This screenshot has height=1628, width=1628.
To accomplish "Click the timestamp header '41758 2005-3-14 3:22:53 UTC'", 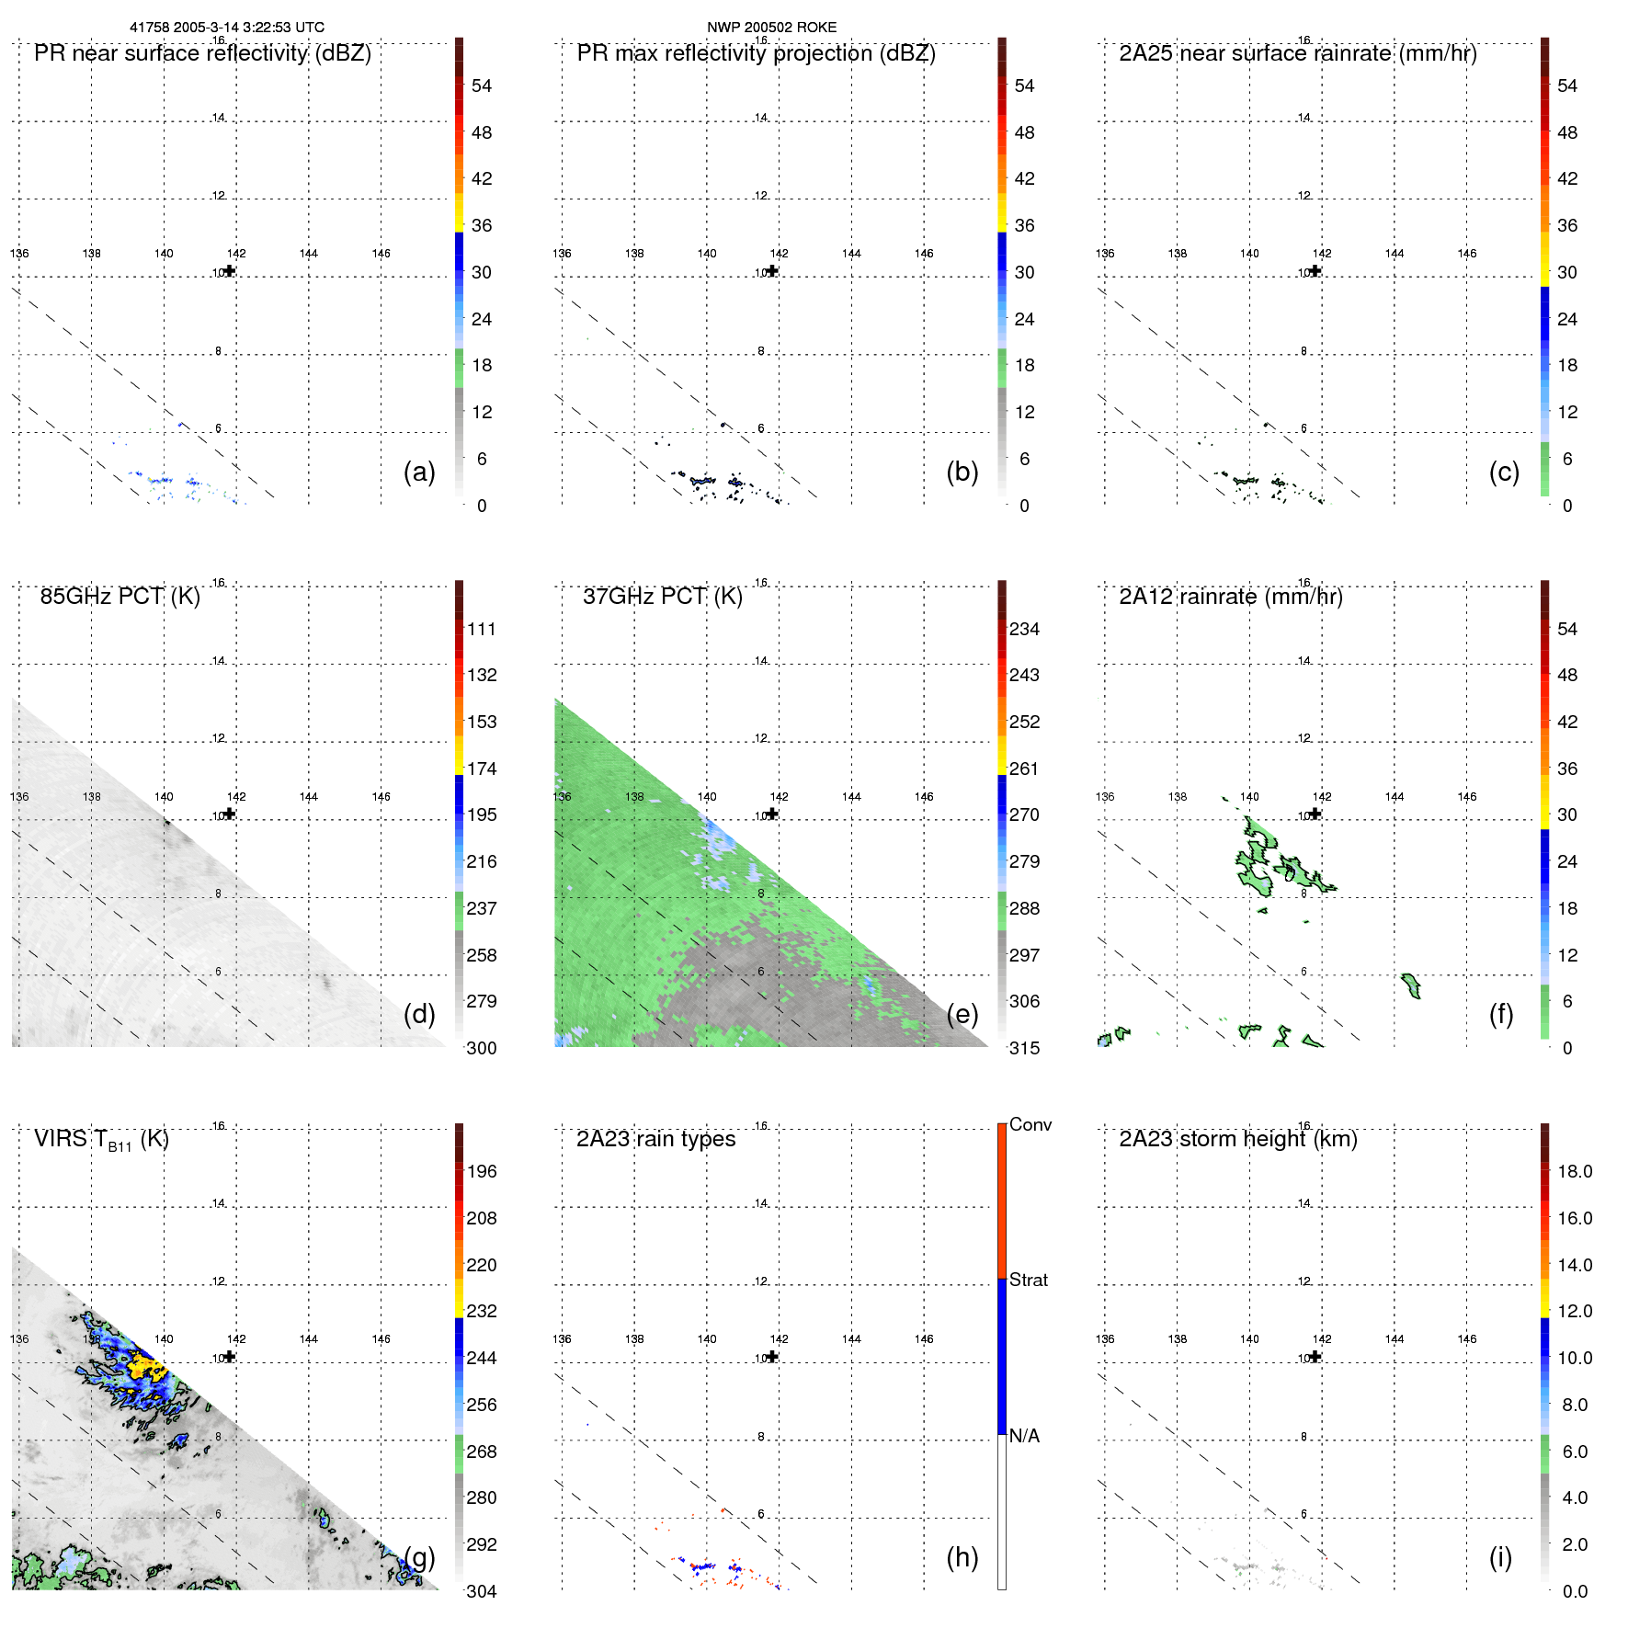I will click(x=226, y=28).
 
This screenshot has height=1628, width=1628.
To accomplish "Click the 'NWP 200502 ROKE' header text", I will click(x=771, y=28).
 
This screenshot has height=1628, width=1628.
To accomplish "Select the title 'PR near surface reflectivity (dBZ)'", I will click(x=202, y=53).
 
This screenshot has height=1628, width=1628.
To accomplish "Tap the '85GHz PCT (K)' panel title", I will click(x=120, y=597).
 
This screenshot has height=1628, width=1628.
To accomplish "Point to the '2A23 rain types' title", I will click(x=655, y=1139).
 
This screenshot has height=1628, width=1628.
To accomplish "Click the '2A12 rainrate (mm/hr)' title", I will click(x=1230, y=597).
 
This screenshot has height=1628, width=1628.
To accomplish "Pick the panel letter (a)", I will click(x=419, y=472).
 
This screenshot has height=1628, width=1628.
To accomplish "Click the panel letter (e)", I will click(x=962, y=1014).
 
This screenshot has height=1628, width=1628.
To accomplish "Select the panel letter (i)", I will click(x=1500, y=1557).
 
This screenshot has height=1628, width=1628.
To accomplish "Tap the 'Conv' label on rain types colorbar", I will click(x=1030, y=1124).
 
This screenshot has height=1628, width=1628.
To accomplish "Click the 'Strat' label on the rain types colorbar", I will click(x=1028, y=1280).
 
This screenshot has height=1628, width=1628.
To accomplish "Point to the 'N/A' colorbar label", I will click(x=1024, y=1436).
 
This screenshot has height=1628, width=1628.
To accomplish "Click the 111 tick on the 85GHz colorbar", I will click(x=482, y=629).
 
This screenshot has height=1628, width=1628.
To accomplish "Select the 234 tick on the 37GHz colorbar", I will click(x=1024, y=629).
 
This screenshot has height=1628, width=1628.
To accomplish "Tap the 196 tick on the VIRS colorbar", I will click(x=482, y=1171).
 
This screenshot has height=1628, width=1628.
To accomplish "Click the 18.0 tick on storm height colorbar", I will click(x=1574, y=1171).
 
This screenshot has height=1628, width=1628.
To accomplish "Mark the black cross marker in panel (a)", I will click(x=230, y=271).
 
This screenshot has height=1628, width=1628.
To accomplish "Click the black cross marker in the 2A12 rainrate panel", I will click(x=1315, y=814).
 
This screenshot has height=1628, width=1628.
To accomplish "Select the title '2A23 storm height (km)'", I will click(x=1237, y=1139).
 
